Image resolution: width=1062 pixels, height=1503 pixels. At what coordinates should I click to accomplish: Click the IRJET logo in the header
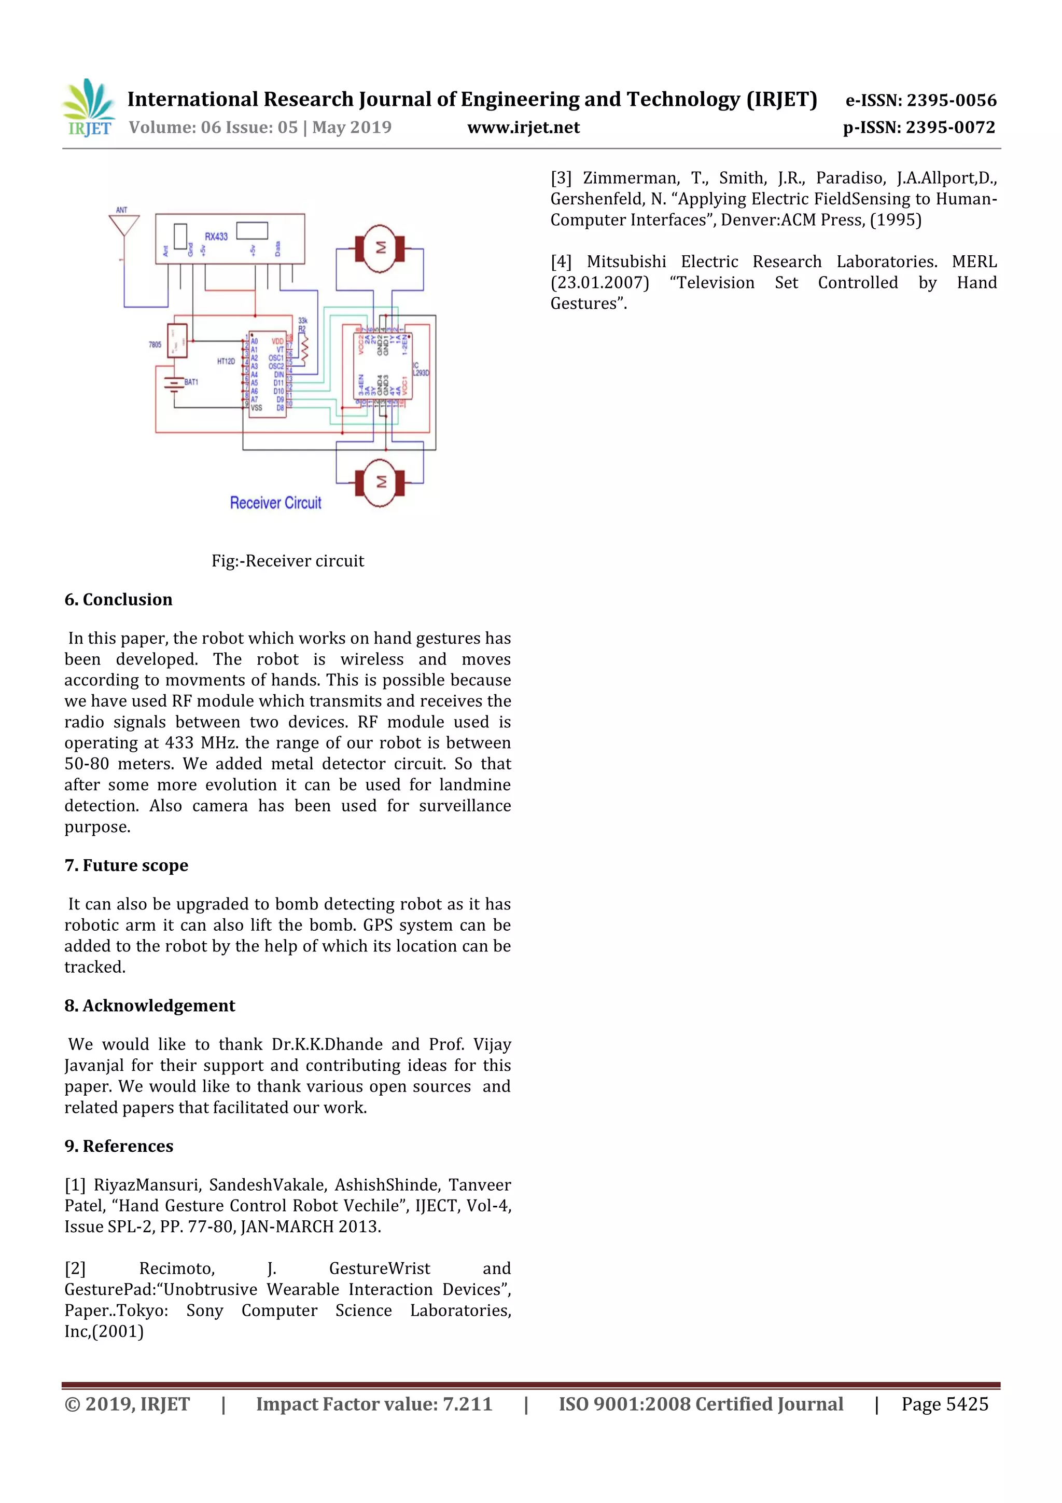(x=88, y=108)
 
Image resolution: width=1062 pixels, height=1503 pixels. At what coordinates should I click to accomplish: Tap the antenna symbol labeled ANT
(x=123, y=225)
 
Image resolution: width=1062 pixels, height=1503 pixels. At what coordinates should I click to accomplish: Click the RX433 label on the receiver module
(x=216, y=236)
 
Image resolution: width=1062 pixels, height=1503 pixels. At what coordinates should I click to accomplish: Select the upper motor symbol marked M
(x=380, y=248)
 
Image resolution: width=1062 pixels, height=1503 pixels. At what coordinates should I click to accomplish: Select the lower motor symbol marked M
(x=380, y=482)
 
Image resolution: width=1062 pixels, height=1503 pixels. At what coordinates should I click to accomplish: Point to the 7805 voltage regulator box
(x=177, y=340)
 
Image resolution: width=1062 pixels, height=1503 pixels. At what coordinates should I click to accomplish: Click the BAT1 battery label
(x=191, y=382)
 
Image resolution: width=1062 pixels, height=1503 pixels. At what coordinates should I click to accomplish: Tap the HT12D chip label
(x=226, y=361)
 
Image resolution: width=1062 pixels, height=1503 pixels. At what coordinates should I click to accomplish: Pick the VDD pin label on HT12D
(x=277, y=341)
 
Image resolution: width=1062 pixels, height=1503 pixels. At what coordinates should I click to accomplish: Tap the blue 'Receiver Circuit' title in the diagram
(x=275, y=503)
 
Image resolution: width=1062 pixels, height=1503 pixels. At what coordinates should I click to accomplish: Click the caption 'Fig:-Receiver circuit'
(x=287, y=561)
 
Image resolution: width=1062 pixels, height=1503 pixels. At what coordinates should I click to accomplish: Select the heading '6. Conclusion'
(x=118, y=600)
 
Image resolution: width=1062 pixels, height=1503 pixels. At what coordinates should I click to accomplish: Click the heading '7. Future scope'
(x=127, y=865)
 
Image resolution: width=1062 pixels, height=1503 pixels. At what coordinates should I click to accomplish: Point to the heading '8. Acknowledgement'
(x=150, y=1005)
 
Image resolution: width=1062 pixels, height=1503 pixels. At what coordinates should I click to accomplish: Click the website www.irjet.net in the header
(x=523, y=128)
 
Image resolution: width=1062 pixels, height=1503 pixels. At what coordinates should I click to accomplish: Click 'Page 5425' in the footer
(x=944, y=1404)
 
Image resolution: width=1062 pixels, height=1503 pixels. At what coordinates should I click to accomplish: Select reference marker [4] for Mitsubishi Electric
(x=561, y=262)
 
